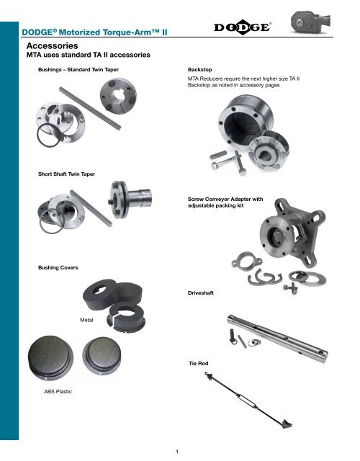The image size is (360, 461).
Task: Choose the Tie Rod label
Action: (x=198, y=364)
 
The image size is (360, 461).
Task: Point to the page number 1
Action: (x=180, y=451)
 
